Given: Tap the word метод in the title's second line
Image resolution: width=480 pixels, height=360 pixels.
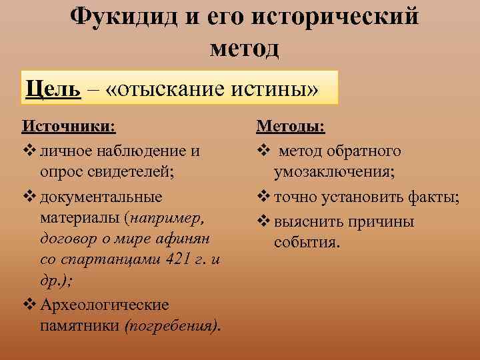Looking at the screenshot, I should [244, 48].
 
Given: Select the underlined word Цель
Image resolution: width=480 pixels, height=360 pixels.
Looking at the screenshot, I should [54, 88].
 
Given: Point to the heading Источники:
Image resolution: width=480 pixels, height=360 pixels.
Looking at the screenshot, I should [68, 127].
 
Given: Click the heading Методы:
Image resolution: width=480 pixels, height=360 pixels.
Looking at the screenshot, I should [290, 127].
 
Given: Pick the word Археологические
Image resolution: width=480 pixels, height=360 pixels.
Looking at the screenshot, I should [105, 305].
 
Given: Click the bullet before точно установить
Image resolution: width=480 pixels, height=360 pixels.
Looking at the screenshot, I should [263, 197].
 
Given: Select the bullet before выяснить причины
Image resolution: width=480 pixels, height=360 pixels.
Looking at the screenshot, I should [263, 221].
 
